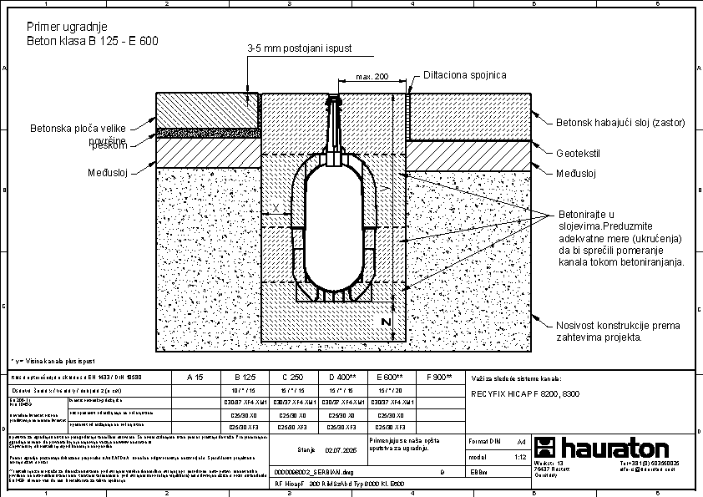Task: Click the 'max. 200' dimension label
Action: pyautogui.click(x=372, y=77)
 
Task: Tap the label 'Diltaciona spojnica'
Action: pyautogui.click(x=464, y=75)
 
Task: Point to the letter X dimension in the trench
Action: pyautogui.click(x=276, y=207)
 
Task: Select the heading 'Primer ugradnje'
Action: pyautogui.click(x=67, y=27)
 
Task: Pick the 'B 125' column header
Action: pyautogui.click(x=244, y=377)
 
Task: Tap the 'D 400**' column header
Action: pyautogui.click(x=342, y=377)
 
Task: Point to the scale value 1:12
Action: pyautogui.click(x=520, y=458)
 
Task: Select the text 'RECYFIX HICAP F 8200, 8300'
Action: pyautogui.click(x=523, y=393)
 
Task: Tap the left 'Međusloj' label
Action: pyautogui.click(x=106, y=173)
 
